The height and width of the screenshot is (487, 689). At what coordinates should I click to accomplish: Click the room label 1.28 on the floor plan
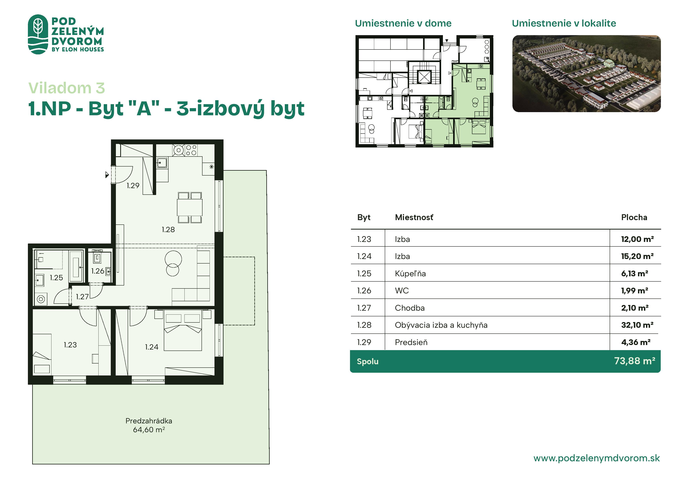tap(168, 230)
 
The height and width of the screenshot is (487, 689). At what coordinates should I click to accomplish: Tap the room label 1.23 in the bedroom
tap(70, 345)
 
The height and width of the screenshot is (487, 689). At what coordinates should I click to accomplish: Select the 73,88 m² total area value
tap(634, 361)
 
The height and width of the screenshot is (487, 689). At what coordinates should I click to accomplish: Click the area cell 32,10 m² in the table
tap(637, 325)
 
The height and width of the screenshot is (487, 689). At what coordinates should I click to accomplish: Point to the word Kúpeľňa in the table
tap(410, 273)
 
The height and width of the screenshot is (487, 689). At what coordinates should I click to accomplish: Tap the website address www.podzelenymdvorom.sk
tap(596, 458)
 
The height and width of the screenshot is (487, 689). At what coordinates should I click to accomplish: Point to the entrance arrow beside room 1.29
tap(107, 175)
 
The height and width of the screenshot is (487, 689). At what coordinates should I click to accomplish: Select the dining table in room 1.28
tap(190, 207)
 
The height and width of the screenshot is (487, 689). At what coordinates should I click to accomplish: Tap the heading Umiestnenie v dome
tap(403, 23)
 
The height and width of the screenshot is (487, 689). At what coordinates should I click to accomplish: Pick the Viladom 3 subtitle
tap(67, 88)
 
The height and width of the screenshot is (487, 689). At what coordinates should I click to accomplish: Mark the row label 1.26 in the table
tap(364, 290)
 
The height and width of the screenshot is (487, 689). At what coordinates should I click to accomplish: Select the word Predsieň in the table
tap(411, 342)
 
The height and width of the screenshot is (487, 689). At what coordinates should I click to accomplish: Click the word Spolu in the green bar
tap(368, 361)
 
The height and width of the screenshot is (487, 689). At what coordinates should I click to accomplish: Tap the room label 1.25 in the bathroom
tap(56, 277)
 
